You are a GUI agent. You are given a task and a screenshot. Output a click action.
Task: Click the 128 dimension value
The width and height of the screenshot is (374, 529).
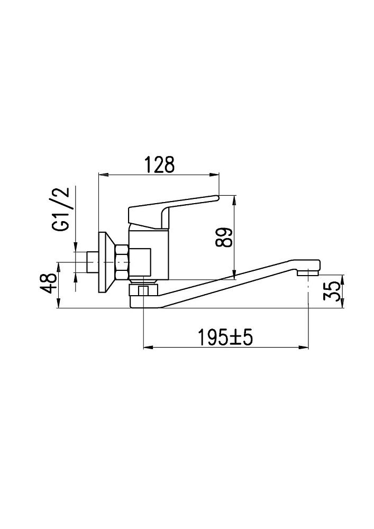coord(160,165)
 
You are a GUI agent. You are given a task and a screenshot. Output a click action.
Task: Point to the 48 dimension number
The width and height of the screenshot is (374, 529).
coord(48,283)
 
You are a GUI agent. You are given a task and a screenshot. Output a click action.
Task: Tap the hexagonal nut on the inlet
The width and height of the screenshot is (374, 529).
coord(122,262)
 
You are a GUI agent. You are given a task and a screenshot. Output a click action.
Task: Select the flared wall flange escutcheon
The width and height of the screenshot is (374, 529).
coord(106,262)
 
